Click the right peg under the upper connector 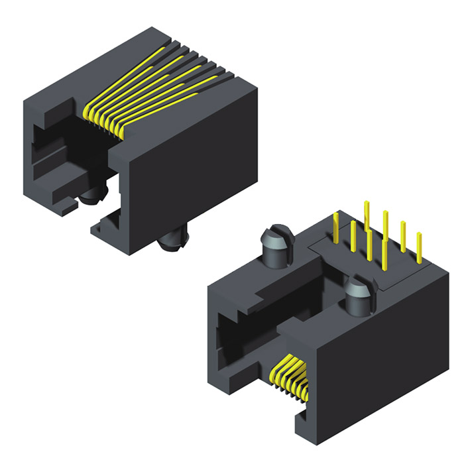[x=174, y=243]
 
